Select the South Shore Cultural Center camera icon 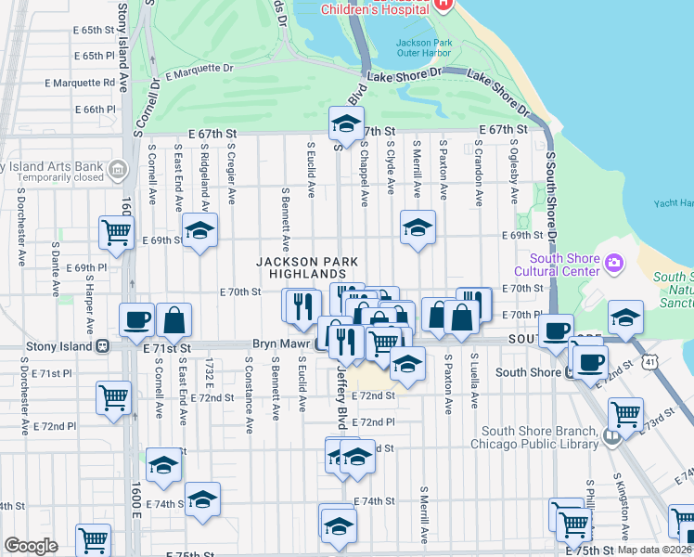(613, 265)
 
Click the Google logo (31, 546)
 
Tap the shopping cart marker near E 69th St (116, 231)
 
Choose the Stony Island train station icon (102, 346)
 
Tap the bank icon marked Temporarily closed (118, 169)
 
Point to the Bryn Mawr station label (283, 343)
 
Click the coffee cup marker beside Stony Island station (137, 320)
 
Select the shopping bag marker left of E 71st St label (173, 320)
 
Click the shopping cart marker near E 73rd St (626, 411)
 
